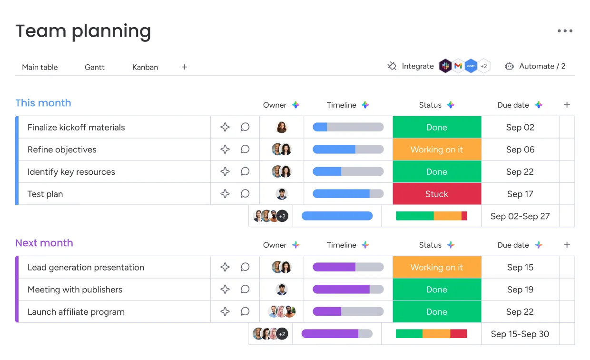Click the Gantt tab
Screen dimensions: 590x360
(x=95, y=67)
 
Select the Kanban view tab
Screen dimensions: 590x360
(x=145, y=67)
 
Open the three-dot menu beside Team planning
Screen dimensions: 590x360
(x=565, y=31)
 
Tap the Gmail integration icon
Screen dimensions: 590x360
(x=458, y=66)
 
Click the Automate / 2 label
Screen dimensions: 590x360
(x=542, y=66)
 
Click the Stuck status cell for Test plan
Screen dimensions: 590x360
(x=437, y=194)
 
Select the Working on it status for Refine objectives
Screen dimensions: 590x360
(x=437, y=150)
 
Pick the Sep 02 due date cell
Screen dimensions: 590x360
(x=520, y=127)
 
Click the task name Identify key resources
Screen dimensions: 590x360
(x=71, y=172)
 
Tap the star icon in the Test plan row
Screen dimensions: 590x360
(x=225, y=194)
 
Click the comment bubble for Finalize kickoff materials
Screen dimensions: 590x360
(x=245, y=127)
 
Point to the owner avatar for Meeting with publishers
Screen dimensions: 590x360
(x=282, y=290)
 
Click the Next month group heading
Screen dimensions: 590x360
(x=44, y=243)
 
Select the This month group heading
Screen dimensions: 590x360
(x=43, y=103)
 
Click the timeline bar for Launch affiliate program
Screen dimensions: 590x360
(x=348, y=311)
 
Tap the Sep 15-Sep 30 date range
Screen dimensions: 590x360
(x=520, y=334)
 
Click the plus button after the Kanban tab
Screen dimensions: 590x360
(x=185, y=67)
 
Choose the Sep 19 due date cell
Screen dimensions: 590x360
(x=520, y=290)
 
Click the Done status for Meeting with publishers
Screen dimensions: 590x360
(x=437, y=290)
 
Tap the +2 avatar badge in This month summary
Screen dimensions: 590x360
(x=282, y=216)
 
